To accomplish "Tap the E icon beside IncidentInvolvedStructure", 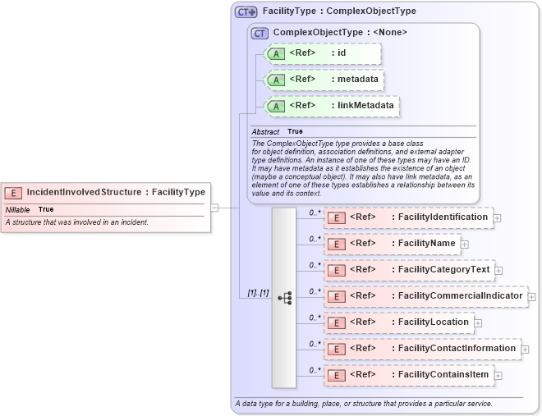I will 14,193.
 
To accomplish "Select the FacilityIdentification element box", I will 409,217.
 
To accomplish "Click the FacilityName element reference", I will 392,244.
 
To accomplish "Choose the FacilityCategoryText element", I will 409,270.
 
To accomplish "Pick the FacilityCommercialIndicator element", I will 425,296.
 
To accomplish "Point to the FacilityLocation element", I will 398,322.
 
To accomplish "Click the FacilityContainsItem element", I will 409,375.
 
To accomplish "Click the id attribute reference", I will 322,53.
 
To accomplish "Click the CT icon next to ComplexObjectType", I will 260,33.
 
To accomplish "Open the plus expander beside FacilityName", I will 465,244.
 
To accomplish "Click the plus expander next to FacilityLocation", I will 478,323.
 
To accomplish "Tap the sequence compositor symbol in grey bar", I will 285,298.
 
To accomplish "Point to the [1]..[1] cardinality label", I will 258,293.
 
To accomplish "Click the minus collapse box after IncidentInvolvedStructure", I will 214,208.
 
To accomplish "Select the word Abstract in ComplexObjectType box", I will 265,131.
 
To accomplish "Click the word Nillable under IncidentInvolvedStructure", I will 18,209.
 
